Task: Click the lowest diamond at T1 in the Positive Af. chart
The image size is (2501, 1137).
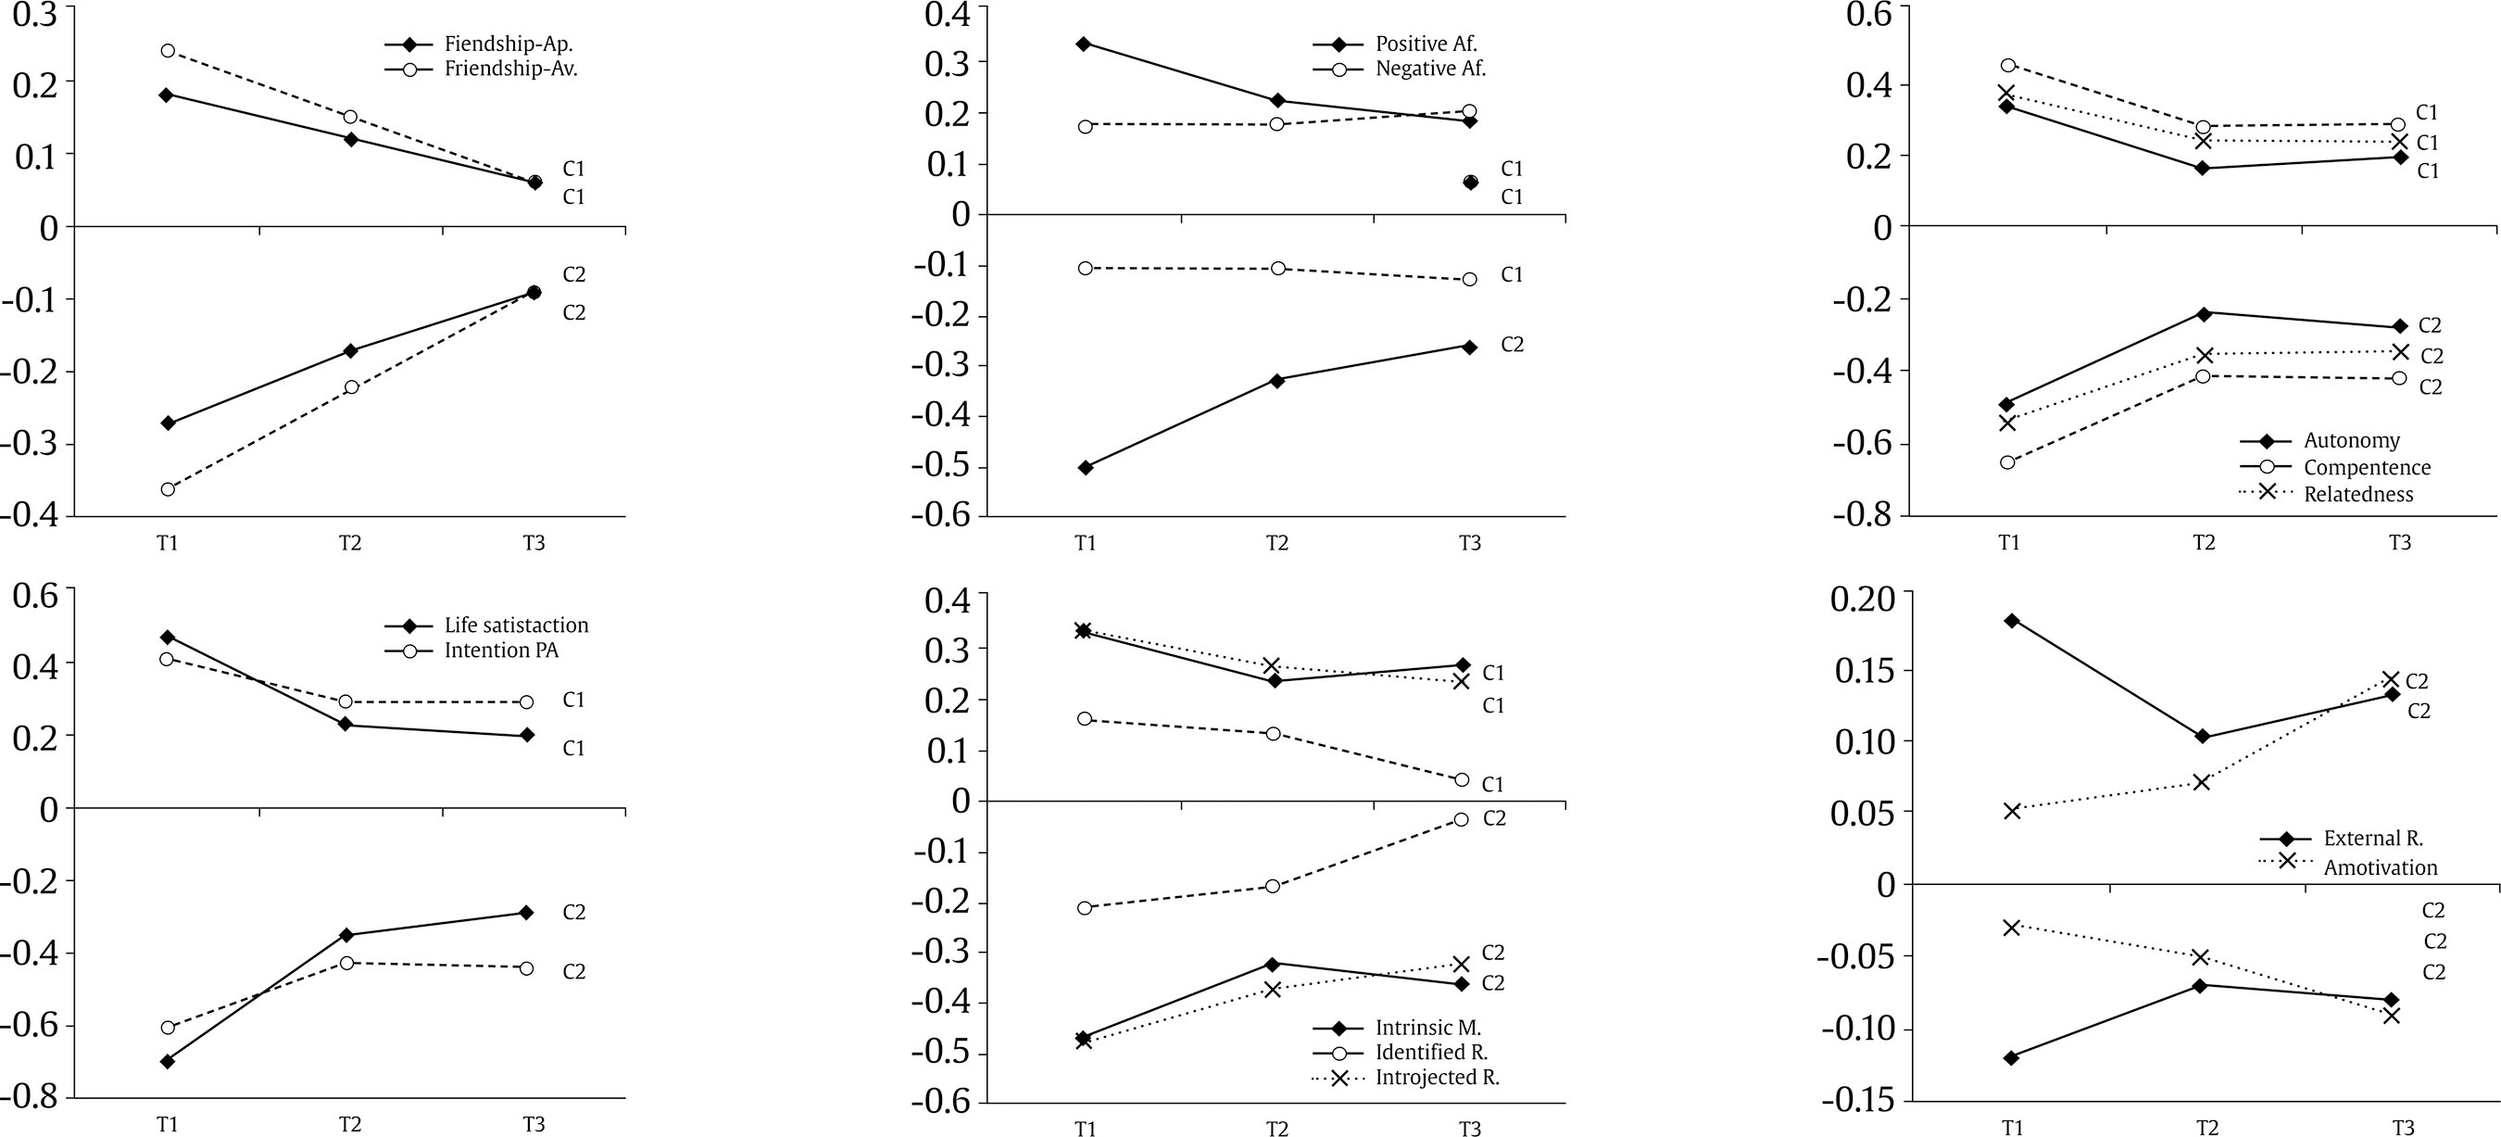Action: [x=1086, y=467]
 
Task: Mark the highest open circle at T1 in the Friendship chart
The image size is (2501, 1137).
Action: [x=168, y=50]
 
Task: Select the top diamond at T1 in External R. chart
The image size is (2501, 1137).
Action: [x=2012, y=621]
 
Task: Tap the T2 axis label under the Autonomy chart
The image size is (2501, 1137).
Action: [x=2203, y=542]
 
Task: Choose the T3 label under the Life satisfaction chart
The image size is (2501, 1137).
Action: [x=533, y=1123]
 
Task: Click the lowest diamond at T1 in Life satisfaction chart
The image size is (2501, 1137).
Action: [x=168, y=1061]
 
